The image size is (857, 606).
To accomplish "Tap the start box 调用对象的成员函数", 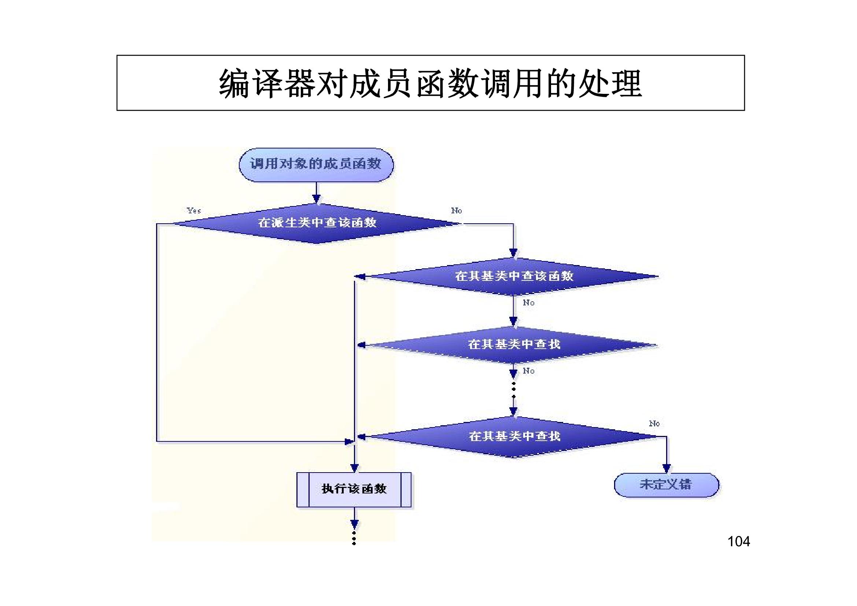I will tap(316, 164).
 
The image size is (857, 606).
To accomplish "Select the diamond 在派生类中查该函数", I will tap(317, 223).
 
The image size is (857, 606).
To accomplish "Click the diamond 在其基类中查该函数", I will tap(514, 276).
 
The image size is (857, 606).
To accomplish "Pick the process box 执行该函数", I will tap(354, 489).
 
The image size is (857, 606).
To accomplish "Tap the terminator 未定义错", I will tap(666, 485).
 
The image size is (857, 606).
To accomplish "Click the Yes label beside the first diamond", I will tap(194, 210).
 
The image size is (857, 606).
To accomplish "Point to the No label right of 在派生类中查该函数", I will tap(456, 210).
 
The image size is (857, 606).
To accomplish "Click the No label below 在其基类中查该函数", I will tap(529, 303).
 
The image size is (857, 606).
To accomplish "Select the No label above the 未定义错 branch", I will tap(654, 423).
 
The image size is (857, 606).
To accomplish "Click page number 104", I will tap(738, 541).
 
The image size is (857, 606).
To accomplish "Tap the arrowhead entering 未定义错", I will tap(666, 469).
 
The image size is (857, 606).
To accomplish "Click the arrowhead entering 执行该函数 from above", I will tap(354, 468).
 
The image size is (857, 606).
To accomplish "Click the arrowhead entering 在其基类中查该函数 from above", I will tap(514, 253).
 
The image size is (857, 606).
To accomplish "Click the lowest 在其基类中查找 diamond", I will tap(514, 436).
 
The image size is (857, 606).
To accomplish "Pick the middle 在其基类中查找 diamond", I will tap(514, 344).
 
